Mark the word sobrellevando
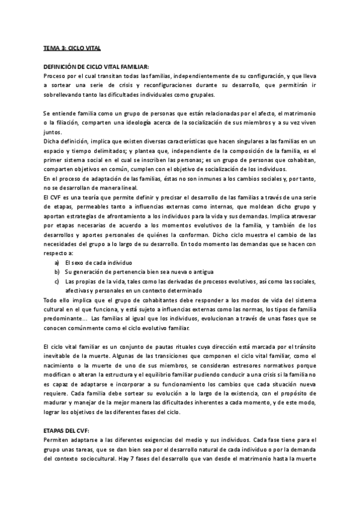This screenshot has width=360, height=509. point(67,94)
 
